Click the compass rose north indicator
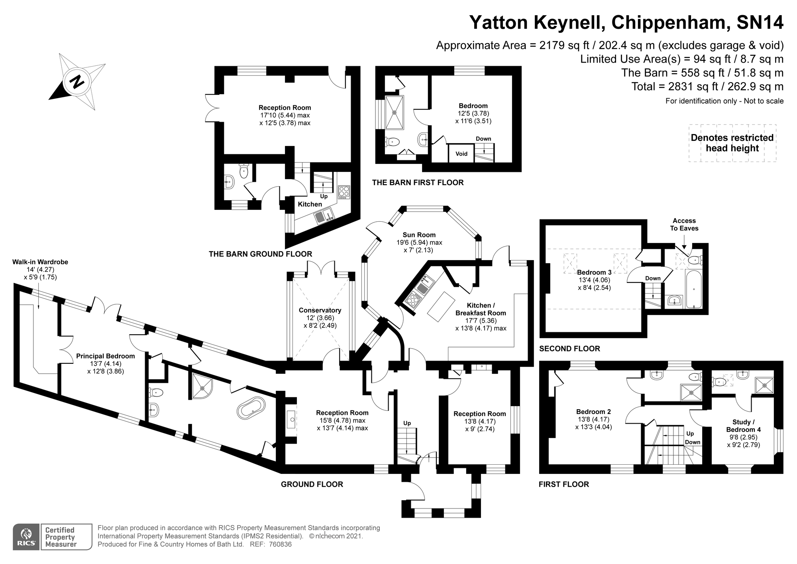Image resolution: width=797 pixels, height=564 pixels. (x=77, y=82)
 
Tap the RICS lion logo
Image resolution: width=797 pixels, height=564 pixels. (x=26, y=537)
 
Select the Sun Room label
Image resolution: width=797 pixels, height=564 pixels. (x=419, y=235)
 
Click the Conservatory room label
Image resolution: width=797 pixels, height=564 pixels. (x=320, y=310)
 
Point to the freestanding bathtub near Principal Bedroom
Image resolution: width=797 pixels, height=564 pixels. (x=251, y=408)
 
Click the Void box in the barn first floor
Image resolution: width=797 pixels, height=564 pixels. (x=461, y=154)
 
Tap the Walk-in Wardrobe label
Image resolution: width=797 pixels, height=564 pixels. (x=40, y=262)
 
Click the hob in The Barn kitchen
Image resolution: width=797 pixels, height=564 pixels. (x=344, y=192)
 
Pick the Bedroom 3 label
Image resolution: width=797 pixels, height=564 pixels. (x=594, y=272)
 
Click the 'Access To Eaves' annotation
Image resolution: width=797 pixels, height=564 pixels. (x=684, y=225)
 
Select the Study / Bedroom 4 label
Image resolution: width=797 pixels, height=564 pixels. (x=744, y=426)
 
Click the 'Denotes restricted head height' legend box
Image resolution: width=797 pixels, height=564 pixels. (x=732, y=143)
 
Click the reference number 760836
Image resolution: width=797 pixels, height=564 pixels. (x=280, y=544)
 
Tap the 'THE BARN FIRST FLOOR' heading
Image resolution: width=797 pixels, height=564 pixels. (x=418, y=183)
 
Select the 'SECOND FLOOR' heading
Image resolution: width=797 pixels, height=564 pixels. (x=569, y=349)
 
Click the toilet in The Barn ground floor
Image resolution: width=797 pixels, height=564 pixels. (x=244, y=172)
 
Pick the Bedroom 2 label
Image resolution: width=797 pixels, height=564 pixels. (x=593, y=412)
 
